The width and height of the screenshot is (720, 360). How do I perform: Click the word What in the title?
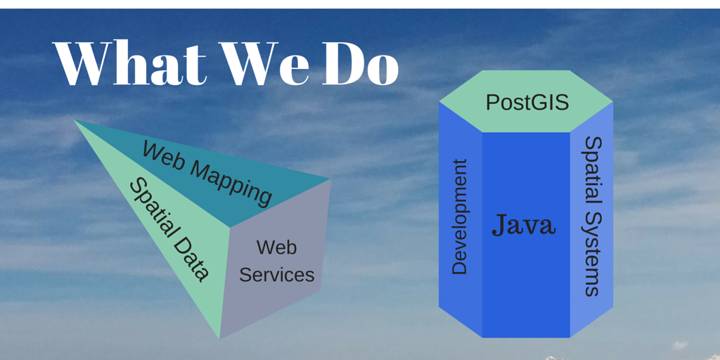pyautogui.click(x=129, y=63)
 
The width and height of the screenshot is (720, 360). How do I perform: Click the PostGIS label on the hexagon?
pyautogui.click(x=527, y=103)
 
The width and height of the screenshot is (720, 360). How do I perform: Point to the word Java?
pyautogui.click(x=524, y=225)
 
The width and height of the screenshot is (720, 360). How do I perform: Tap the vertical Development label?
pyautogui.click(x=459, y=217)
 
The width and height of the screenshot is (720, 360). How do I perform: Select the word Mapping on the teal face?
pyautogui.click(x=231, y=182)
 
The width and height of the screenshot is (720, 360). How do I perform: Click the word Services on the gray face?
pyautogui.click(x=276, y=275)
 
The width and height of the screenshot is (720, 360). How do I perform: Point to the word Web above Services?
pyautogui.click(x=276, y=247)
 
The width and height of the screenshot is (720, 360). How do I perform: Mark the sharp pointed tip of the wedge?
pyautogui.click(x=75, y=120)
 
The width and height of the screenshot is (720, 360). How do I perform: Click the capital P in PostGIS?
pyautogui.click(x=492, y=103)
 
